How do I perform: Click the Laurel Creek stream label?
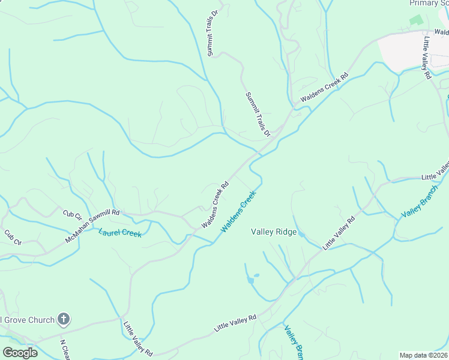120,232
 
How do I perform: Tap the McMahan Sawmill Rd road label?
93,226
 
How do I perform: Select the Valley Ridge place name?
274,232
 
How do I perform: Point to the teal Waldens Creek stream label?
238,212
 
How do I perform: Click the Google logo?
20,353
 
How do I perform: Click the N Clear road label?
65,350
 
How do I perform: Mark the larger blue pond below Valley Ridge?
250,280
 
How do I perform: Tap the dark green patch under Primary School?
415,20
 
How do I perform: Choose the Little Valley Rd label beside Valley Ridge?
339,233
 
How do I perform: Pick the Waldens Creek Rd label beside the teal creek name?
215,205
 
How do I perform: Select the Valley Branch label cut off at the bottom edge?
292,343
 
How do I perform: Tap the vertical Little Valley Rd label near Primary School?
427,58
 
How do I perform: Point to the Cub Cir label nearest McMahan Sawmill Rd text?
71,213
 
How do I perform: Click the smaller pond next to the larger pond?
256,276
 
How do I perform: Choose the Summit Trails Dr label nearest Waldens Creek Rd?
258,114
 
